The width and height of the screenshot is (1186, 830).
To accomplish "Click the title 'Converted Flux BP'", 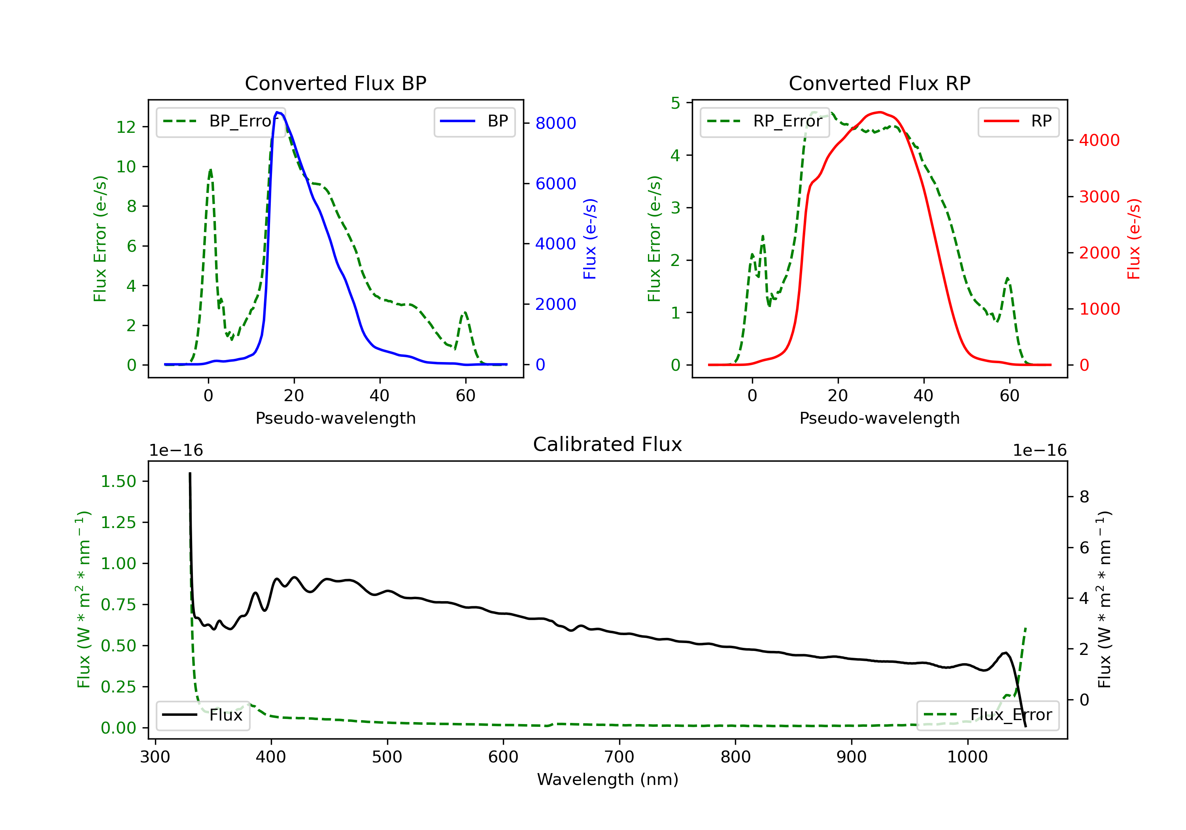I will [335, 83].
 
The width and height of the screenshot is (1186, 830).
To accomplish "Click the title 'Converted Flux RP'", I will [879, 83].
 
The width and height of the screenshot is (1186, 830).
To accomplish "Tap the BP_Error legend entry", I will [221, 121].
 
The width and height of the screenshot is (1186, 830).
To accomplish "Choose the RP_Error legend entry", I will [765, 121].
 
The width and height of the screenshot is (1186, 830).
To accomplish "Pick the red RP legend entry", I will [1018, 121].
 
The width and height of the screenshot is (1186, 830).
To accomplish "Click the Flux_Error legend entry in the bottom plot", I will [987, 715].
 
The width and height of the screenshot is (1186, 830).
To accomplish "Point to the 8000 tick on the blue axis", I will [555, 123].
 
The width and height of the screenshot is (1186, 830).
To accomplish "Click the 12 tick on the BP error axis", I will [126, 127].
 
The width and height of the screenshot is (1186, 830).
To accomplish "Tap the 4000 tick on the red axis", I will [1099, 140].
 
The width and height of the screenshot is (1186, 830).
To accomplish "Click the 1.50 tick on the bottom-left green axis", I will [118, 481].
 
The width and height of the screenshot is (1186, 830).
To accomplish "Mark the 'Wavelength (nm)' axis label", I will [608, 779].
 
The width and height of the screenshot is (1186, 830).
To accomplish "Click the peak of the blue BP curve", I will [278, 112].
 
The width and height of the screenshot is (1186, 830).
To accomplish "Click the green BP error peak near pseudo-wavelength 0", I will [210, 170].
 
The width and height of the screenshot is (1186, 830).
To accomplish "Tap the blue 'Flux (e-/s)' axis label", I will [590, 239].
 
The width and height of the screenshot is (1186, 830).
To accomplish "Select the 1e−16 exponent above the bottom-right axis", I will [1039, 451].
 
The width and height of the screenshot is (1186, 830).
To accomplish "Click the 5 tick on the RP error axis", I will [675, 103].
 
